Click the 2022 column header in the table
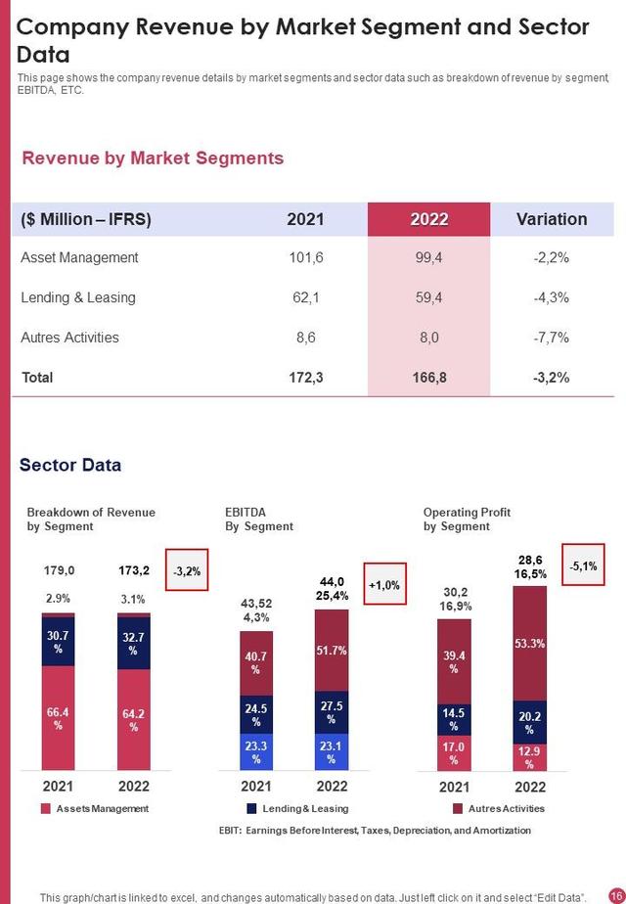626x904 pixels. (429, 219)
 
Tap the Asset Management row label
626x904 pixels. (79, 257)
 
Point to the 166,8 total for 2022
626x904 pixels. (429, 377)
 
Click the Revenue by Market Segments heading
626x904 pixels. (153, 158)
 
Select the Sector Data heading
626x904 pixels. (70, 465)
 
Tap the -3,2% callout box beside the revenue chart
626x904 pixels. (186, 570)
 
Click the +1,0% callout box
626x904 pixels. (383, 584)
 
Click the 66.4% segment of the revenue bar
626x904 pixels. (58, 719)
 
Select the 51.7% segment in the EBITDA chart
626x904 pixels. (332, 650)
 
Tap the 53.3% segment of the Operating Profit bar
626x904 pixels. (529, 643)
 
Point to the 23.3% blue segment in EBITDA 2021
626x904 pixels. (256, 751)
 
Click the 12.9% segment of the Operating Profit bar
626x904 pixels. (529, 757)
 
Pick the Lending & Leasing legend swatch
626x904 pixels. (251, 809)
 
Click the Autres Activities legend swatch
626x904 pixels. (458, 809)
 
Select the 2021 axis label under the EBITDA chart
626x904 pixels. (256, 786)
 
